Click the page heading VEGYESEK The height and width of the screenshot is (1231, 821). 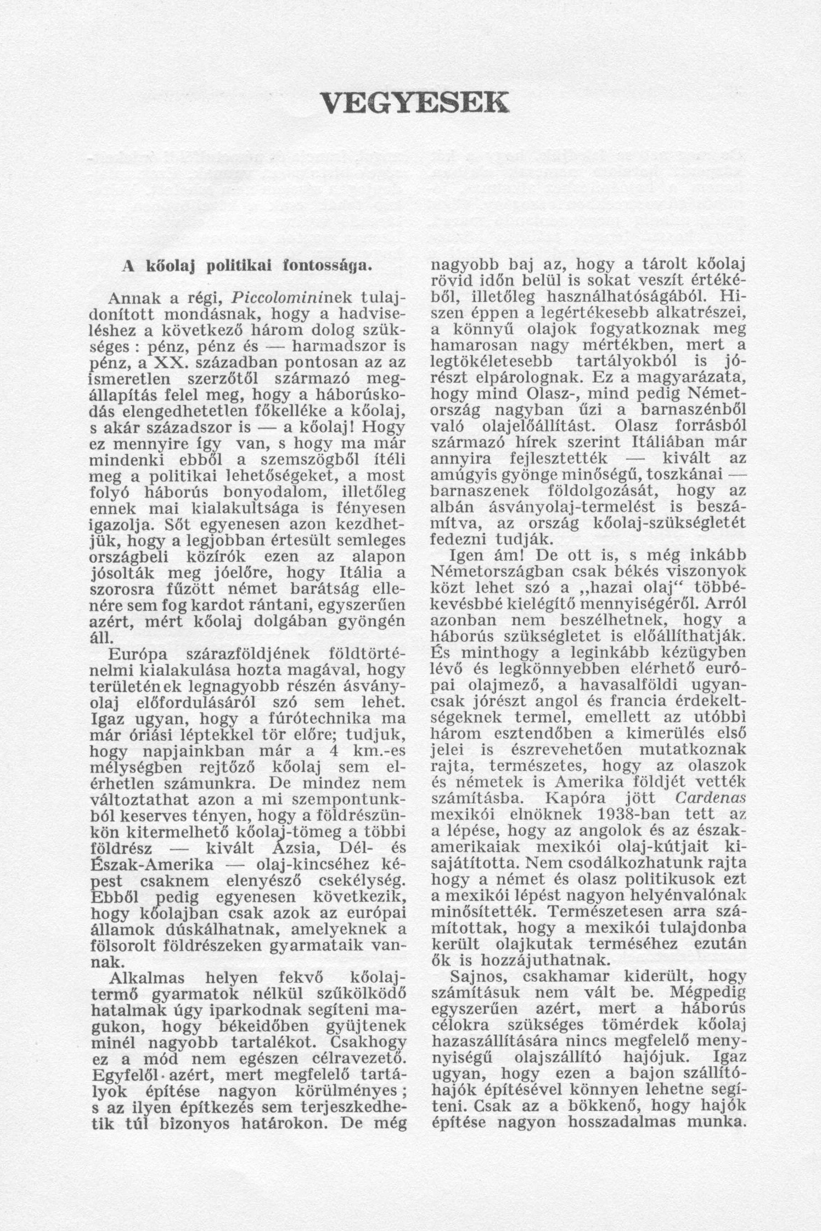point(414,102)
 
